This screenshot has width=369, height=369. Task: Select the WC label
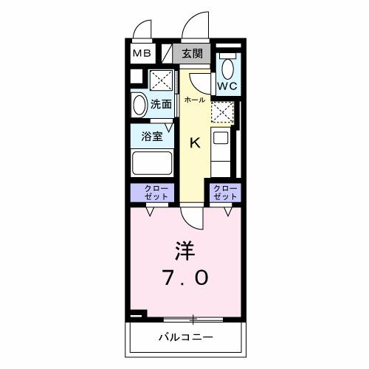pyautogui.click(x=227, y=86)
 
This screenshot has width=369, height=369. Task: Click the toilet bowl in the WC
pyautogui.click(x=227, y=69)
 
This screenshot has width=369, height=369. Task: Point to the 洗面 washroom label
pyautogui.click(x=161, y=104)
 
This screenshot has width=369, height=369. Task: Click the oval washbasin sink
pyautogui.click(x=139, y=104)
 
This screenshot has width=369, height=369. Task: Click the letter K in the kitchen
pyautogui.click(x=196, y=143)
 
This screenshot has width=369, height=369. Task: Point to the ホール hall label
pyautogui.click(x=194, y=99)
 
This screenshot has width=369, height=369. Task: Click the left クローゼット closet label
pyautogui.click(x=153, y=193)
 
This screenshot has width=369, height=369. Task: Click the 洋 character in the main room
pyautogui.click(x=184, y=251)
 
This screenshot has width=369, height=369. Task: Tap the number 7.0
pyautogui.click(x=184, y=278)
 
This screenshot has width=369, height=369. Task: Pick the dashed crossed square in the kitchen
pyautogui.click(x=221, y=111)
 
